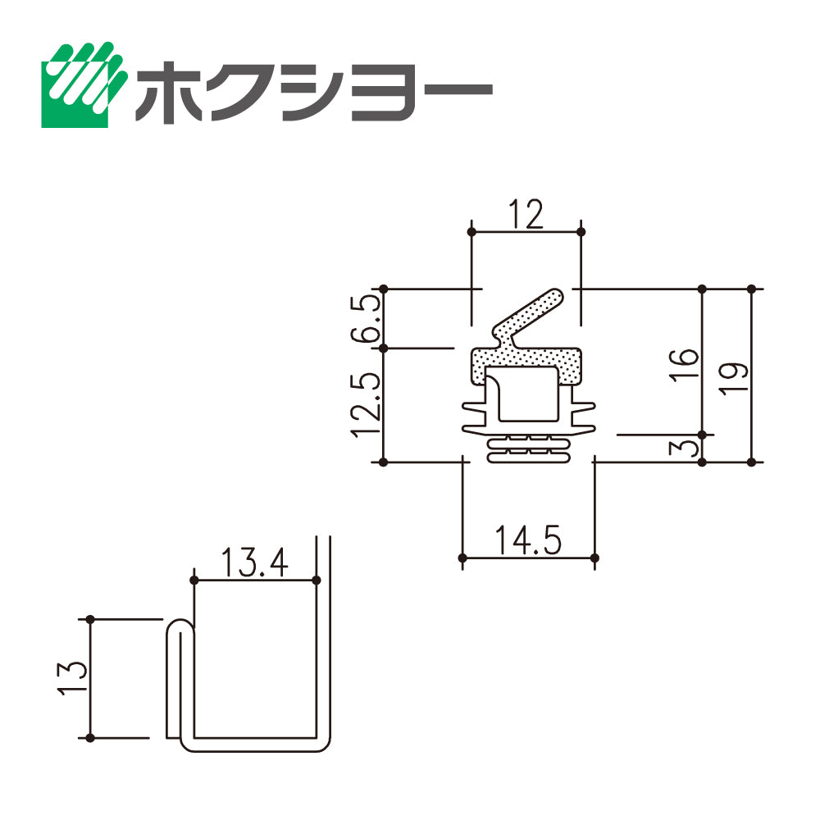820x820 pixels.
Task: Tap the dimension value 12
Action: pos(525,215)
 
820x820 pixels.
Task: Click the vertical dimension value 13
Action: pos(74,678)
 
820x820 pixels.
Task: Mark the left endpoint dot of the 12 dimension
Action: pos(472,232)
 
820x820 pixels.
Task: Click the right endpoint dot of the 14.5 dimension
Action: pos(594,558)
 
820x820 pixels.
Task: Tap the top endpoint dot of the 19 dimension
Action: pos(752,289)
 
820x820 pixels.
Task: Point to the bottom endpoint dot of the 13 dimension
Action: pos(91,737)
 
